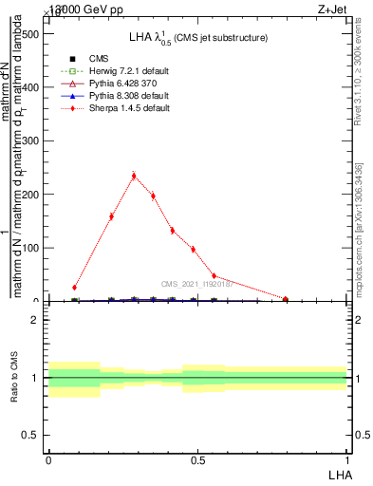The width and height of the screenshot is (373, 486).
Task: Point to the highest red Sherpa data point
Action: (134, 176)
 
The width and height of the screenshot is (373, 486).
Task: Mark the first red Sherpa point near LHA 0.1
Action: (74, 287)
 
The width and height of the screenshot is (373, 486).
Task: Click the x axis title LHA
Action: (338, 474)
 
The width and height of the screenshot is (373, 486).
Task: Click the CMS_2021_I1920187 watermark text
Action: (197, 283)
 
